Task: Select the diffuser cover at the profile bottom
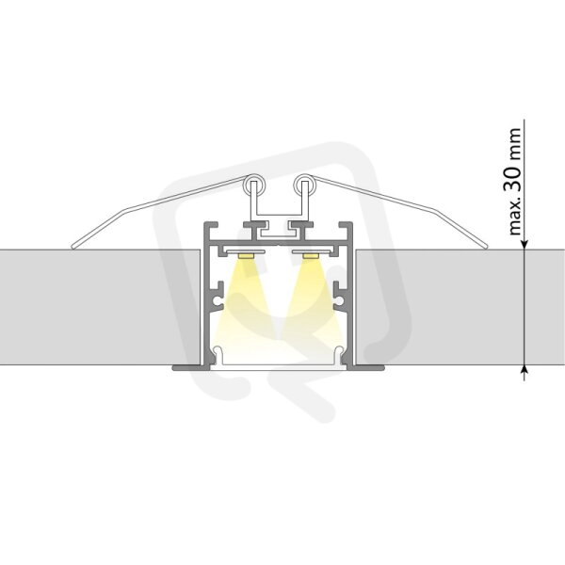(x=278, y=361)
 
